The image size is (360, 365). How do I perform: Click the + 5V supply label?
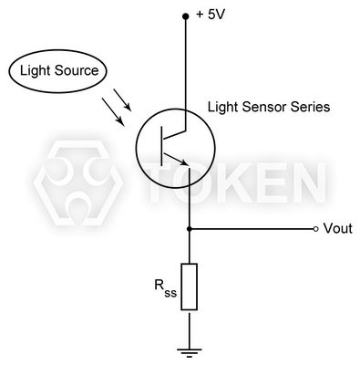coord(215,15)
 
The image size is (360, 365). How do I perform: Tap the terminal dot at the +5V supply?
coord(189,16)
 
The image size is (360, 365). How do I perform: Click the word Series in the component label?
coord(309,107)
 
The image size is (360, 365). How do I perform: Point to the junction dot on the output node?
coord(189,228)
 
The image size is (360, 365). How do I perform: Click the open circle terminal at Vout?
coord(316,228)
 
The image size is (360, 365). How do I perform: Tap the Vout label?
coord(337,228)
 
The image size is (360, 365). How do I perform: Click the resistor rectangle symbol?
coord(189,287)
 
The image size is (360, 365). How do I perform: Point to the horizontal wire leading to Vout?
coord(251,228)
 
